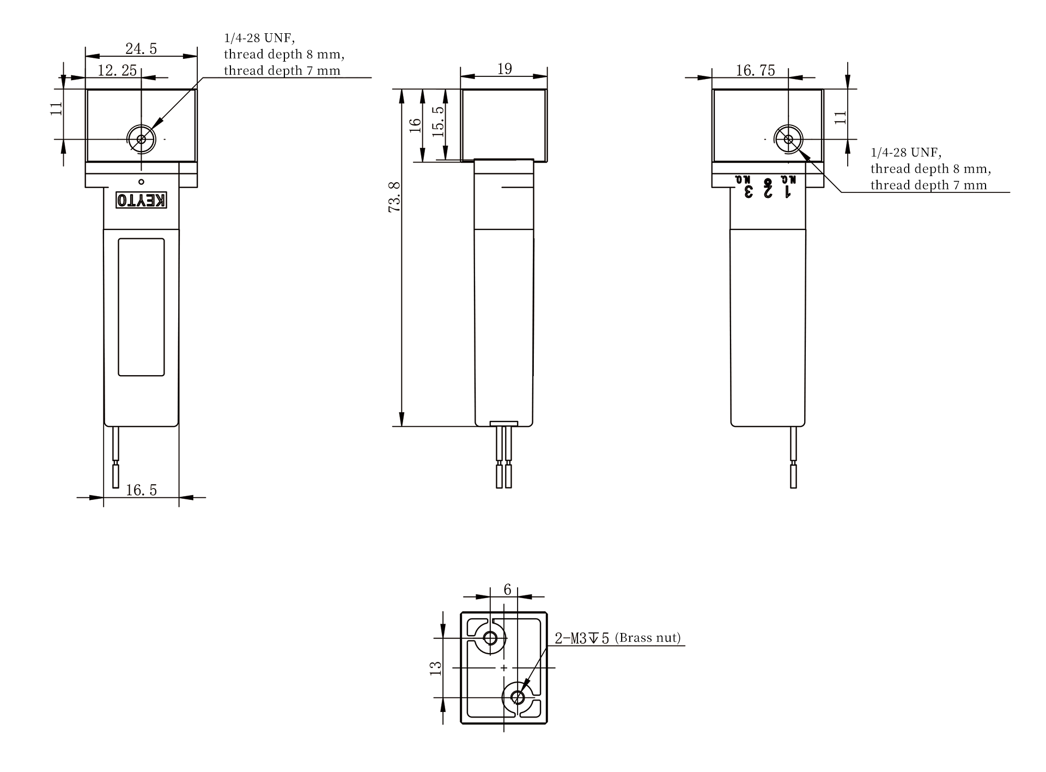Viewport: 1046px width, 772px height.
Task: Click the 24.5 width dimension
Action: (x=141, y=49)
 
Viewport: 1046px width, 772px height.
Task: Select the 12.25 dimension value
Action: (x=117, y=70)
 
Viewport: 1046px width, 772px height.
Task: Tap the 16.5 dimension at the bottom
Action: (x=141, y=490)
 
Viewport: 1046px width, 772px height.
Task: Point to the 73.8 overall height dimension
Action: (x=394, y=197)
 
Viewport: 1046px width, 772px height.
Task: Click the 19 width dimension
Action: (x=504, y=69)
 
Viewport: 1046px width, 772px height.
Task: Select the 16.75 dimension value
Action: (x=755, y=70)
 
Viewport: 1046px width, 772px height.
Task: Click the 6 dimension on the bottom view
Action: (x=507, y=590)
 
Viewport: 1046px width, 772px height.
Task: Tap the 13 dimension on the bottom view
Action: (x=436, y=668)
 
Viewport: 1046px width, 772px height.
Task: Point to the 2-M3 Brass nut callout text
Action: (x=618, y=638)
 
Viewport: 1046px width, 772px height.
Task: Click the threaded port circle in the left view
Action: (x=141, y=139)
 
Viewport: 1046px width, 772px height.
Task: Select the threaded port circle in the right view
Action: (x=788, y=139)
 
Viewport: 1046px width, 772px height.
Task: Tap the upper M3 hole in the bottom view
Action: (x=490, y=638)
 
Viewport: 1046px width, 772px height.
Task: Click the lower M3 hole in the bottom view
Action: (x=518, y=697)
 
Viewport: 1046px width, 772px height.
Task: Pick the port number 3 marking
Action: (x=749, y=192)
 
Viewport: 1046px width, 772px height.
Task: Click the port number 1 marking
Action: (x=788, y=192)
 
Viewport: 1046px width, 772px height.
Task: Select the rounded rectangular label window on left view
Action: (x=141, y=307)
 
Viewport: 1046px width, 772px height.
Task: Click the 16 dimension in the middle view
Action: (x=416, y=125)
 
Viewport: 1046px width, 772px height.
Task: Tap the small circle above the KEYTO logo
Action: (x=141, y=182)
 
